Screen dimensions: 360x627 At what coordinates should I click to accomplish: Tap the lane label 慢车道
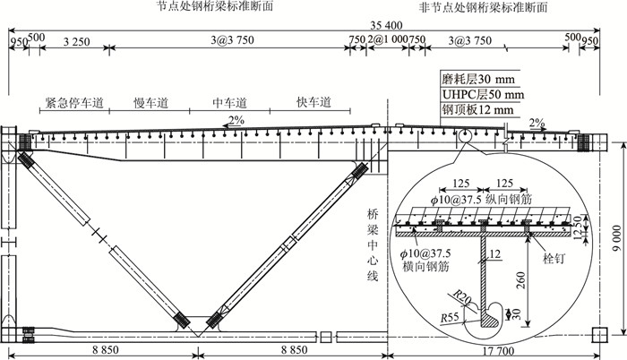click(x=150, y=103)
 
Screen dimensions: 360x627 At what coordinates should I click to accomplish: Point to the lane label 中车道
click(x=230, y=103)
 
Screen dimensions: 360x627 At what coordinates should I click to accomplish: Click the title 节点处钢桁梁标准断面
click(x=214, y=6)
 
